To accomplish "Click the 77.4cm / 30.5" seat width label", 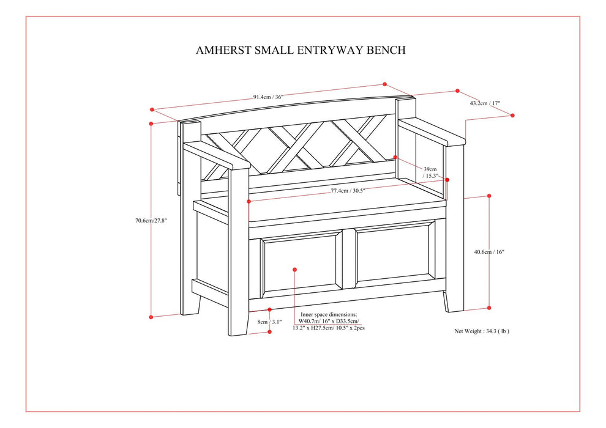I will (x=348, y=191).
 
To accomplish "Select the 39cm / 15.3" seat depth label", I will (x=430, y=172).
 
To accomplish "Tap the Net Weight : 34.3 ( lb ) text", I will (x=482, y=331).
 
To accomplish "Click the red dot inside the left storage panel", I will (x=294, y=268).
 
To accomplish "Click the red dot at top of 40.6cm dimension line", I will (x=489, y=196).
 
